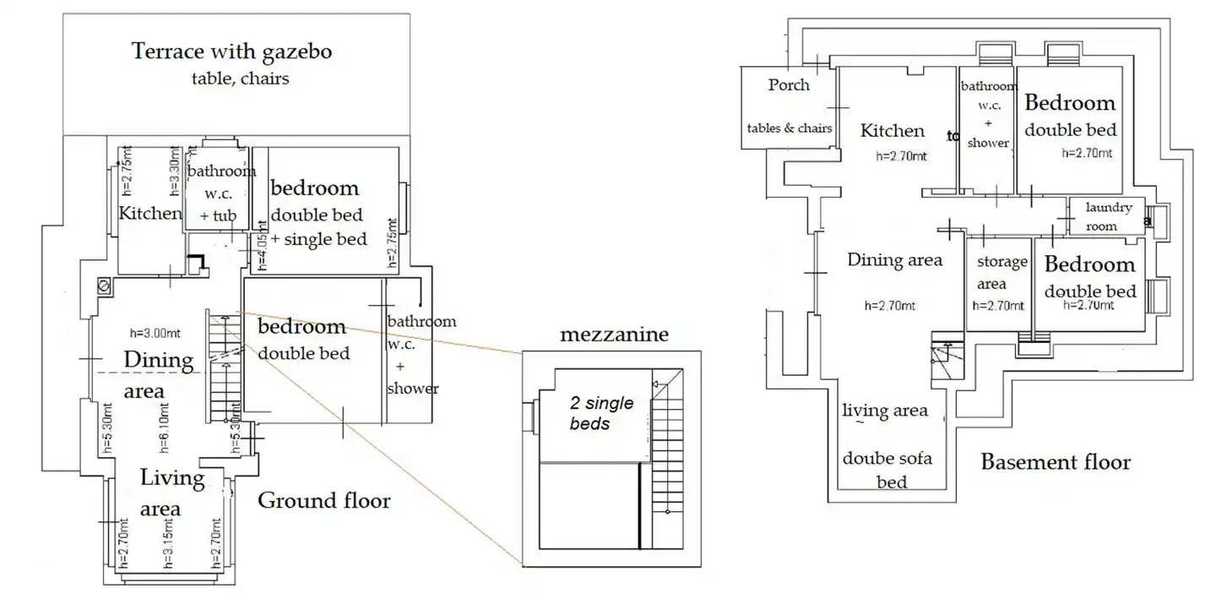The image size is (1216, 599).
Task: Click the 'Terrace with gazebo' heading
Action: click(231, 52)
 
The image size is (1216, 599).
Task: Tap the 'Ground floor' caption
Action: click(323, 501)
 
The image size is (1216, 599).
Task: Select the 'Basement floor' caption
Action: click(1055, 462)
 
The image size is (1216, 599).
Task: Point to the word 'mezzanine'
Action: click(614, 335)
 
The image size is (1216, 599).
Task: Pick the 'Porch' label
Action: click(789, 84)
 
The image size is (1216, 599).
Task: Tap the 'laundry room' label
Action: click(1107, 216)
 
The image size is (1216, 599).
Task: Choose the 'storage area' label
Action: click(1002, 273)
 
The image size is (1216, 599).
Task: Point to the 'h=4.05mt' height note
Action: click(262, 245)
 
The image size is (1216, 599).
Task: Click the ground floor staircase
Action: click(224, 368)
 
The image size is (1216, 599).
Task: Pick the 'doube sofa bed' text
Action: click(887, 470)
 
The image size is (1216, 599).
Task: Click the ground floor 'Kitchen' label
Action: click(150, 213)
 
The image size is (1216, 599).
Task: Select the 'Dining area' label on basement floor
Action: click(894, 259)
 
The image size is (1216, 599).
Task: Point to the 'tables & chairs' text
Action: click(789, 128)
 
